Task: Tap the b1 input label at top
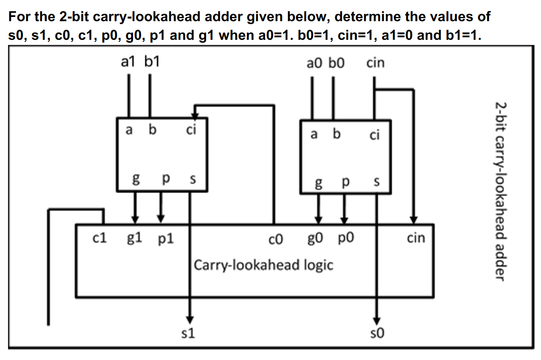tap(151, 63)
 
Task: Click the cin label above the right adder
tap(375, 63)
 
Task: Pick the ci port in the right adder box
tap(374, 136)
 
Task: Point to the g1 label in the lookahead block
tap(135, 239)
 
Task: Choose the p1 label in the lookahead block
tap(165, 240)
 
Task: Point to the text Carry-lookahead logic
tap(264, 266)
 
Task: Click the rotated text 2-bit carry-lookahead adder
tap(500, 191)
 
